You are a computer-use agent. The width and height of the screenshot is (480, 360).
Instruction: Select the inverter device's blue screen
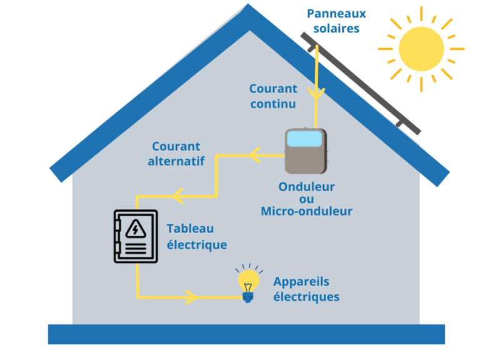point(306,138)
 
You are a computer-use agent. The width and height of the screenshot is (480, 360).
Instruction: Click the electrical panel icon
point(132,236)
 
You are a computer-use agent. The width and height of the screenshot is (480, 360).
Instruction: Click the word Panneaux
point(336,13)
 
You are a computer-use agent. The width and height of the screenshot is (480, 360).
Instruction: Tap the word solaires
point(336,29)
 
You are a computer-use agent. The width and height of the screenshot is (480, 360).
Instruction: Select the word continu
point(272,104)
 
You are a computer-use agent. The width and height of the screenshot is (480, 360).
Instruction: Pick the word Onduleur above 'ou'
point(306,186)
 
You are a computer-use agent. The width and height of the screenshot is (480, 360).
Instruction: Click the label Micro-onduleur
point(306,211)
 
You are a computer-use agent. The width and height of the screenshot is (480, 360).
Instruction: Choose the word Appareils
point(301,282)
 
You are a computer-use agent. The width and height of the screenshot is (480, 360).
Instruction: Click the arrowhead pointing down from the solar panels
point(317,94)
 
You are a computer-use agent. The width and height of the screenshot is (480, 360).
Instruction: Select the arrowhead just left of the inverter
point(254,154)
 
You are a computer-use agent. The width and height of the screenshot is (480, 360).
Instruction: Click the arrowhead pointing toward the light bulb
point(192,296)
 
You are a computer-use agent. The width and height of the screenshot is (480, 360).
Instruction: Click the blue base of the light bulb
point(249,297)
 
